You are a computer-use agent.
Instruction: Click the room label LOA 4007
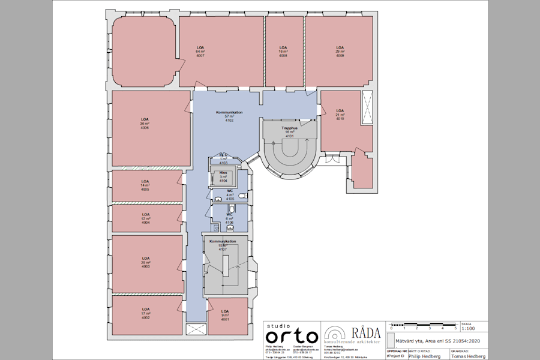[x=200, y=52]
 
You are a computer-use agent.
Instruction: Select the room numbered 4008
[x=283, y=52]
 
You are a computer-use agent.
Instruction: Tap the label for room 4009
[x=340, y=52]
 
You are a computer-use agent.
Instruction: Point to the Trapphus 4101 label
[x=290, y=132]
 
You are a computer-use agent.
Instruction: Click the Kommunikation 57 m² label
[x=229, y=116]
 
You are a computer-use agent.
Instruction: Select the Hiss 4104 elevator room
[x=223, y=176]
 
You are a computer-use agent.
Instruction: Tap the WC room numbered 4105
[x=230, y=194]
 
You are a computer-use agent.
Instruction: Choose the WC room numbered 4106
[x=230, y=218]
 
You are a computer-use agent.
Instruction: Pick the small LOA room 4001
[x=225, y=316]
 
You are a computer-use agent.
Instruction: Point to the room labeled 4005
[x=145, y=185]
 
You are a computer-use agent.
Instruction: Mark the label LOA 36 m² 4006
[x=145, y=124]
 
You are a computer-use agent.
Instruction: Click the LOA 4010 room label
[x=340, y=115]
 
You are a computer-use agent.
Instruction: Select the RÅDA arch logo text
[x=365, y=332]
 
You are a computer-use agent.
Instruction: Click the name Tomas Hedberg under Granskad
[x=469, y=355]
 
